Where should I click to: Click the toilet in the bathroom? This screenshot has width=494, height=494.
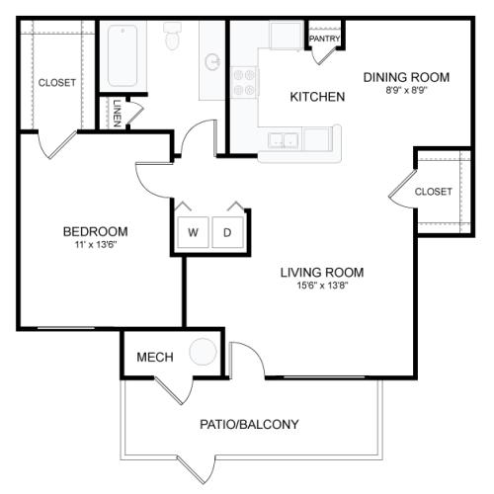[x=173, y=36]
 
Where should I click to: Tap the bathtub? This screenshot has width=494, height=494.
[x=123, y=55]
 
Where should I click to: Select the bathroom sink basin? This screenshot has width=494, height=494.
[x=212, y=62]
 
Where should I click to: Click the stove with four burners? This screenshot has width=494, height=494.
[x=244, y=82]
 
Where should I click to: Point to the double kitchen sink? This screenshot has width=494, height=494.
[x=284, y=140]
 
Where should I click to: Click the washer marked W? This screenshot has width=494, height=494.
[x=193, y=232]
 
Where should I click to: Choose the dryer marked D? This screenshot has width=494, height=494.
[x=227, y=232]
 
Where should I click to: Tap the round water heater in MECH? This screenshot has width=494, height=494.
[x=203, y=352]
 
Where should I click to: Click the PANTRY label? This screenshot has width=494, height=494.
[x=325, y=39]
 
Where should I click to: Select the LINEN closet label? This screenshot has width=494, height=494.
[x=117, y=114]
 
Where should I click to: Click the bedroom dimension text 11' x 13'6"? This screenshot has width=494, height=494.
[x=96, y=245]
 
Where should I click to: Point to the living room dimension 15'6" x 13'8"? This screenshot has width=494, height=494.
[x=322, y=286]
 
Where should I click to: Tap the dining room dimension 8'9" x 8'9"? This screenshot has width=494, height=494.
[x=406, y=90]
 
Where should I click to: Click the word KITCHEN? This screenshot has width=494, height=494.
[x=317, y=97]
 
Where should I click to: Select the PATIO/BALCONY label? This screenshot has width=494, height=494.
[x=249, y=424]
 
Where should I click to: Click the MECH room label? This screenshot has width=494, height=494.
[x=155, y=357]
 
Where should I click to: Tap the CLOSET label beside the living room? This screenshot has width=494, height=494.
[x=434, y=192]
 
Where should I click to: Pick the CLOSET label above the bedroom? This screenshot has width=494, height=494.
[x=57, y=82]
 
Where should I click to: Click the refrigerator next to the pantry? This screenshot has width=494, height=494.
[x=287, y=35]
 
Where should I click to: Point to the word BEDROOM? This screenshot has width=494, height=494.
[x=96, y=231]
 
